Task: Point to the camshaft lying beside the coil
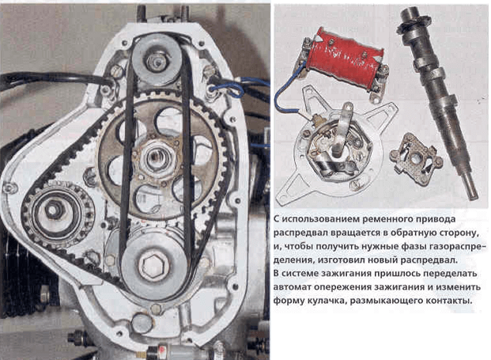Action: pyautogui.click(x=436, y=100)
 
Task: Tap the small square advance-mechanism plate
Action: pyautogui.click(x=416, y=158)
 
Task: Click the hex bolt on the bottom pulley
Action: pyautogui.click(x=153, y=266)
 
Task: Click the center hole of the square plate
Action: pyautogui.click(x=416, y=159)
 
